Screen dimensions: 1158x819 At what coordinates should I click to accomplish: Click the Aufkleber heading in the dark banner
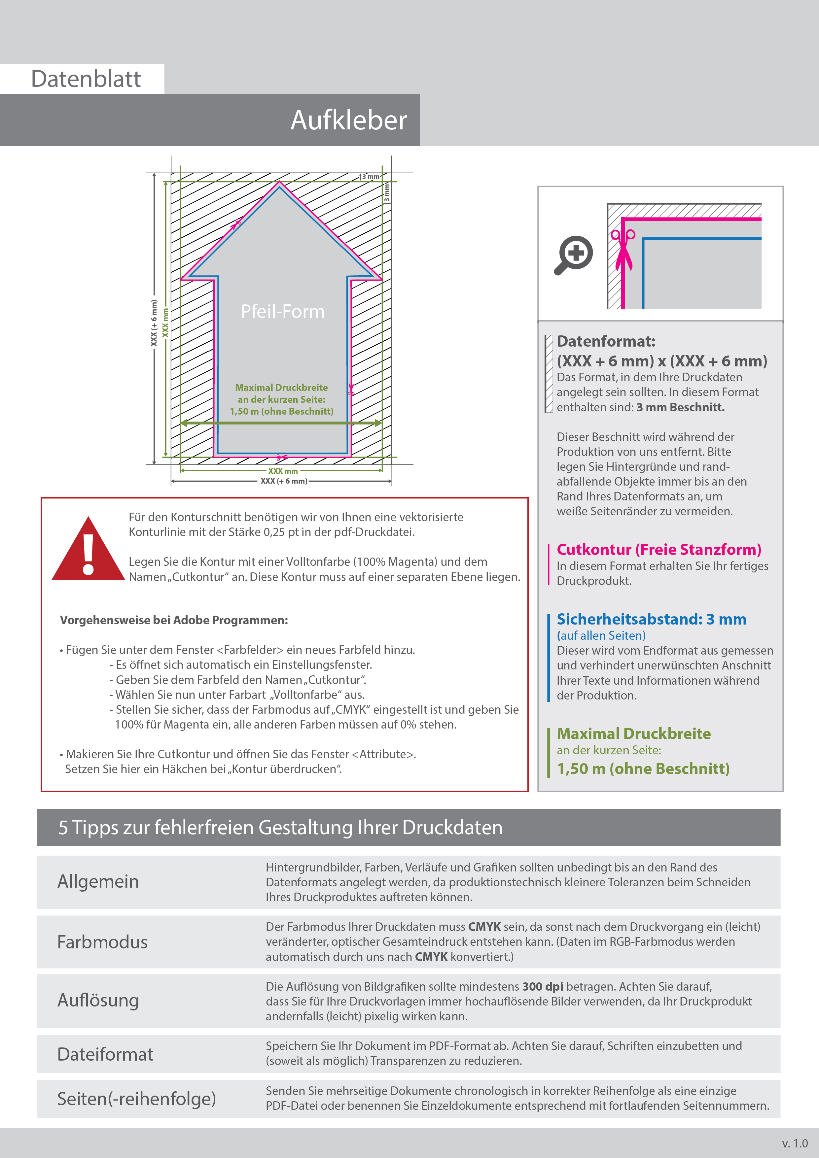click(x=348, y=120)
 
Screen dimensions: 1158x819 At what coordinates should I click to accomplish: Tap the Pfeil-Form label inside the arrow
click(x=283, y=311)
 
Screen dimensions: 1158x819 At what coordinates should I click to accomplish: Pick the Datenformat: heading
click(x=606, y=341)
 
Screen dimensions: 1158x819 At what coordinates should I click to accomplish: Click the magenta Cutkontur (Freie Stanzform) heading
click(x=659, y=549)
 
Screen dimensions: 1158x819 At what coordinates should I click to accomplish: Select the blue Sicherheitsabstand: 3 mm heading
click(x=651, y=619)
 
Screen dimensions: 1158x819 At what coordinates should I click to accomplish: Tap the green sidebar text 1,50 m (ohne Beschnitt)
click(x=643, y=768)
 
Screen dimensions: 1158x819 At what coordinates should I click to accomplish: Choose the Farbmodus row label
click(x=102, y=942)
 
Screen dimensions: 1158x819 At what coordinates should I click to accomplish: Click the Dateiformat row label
click(x=105, y=1054)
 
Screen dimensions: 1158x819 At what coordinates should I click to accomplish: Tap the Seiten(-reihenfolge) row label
click(x=136, y=1099)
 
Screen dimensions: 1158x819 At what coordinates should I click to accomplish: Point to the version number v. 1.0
click(x=795, y=1143)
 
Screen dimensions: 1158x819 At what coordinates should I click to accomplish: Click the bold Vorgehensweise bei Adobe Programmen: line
click(x=174, y=620)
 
